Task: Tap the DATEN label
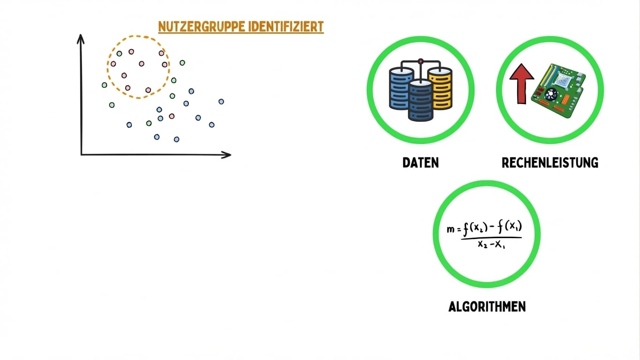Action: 421,163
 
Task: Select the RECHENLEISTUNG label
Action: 550,163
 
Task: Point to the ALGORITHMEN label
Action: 487,307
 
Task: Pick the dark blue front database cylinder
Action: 421,100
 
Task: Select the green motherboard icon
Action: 561,91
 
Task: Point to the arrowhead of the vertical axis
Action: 81,37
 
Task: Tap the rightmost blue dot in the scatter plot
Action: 221,101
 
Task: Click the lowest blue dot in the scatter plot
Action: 176,139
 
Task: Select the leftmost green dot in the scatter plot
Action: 104,85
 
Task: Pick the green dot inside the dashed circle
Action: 119,53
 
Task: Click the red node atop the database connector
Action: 421,60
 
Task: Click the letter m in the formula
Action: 451,229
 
